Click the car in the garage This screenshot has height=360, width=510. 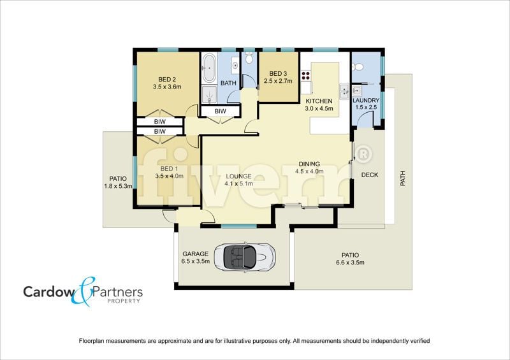point(245,256)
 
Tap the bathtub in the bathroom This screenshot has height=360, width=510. point(208,68)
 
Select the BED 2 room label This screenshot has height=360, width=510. point(167,79)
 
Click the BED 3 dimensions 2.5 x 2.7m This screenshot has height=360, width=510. point(278,81)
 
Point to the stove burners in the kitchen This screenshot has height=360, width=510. point(306,75)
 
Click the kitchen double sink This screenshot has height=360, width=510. point(344,91)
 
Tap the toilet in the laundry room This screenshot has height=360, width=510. point(358,67)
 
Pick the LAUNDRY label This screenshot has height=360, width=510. point(366,101)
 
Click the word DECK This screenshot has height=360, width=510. point(370,175)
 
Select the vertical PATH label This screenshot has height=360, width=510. point(403,178)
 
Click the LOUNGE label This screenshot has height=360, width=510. point(238,176)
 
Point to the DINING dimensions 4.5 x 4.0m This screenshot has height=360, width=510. point(309,171)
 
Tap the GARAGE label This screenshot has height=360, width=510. point(195,254)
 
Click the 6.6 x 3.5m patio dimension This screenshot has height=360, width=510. point(350,263)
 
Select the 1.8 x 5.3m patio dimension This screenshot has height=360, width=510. point(118,186)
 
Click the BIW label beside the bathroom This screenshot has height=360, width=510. point(220,112)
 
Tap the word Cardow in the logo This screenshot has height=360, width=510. point(49,292)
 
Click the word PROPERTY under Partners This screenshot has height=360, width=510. point(124,301)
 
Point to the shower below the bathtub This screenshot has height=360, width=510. point(209,95)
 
